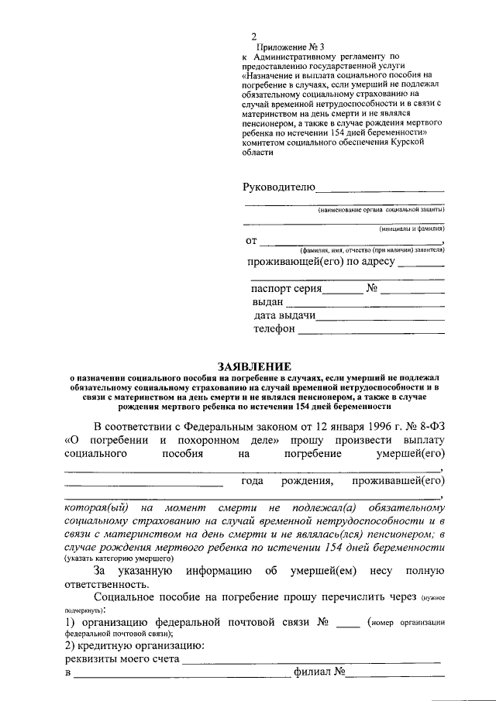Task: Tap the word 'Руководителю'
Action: (279, 187)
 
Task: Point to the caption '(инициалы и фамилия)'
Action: (412, 229)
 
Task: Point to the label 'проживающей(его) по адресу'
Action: (321, 262)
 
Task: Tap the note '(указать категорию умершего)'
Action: (119, 558)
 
